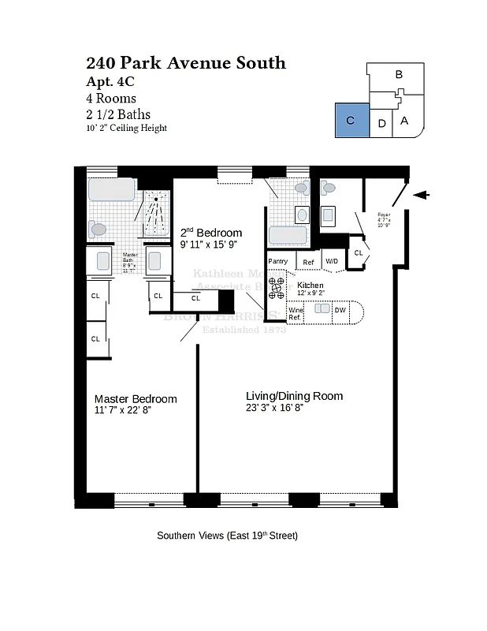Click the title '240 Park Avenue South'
pyautogui.click(x=185, y=63)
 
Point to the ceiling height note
pyautogui.click(x=127, y=129)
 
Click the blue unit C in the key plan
pyautogui.click(x=351, y=121)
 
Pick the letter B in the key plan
pyautogui.click(x=399, y=75)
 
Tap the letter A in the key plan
pyautogui.click(x=403, y=121)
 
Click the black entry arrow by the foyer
pyautogui.click(x=422, y=196)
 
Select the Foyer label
pyautogui.click(x=384, y=218)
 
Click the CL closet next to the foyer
pyautogui.click(x=358, y=252)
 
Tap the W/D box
pyautogui.click(x=332, y=261)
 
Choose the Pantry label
pyautogui.click(x=277, y=261)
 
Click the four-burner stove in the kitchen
pyautogui.click(x=277, y=287)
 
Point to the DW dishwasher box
pyautogui.click(x=340, y=311)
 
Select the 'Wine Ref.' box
pyautogui.click(x=296, y=313)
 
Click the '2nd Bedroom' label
pyautogui.click(x=210, y=233)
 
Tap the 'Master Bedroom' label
pyautogui.click(x=136, y=398)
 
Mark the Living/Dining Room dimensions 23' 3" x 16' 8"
pyautogui.click(x=274, y=408)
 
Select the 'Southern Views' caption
pyautogui.click(x=227, y=536)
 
